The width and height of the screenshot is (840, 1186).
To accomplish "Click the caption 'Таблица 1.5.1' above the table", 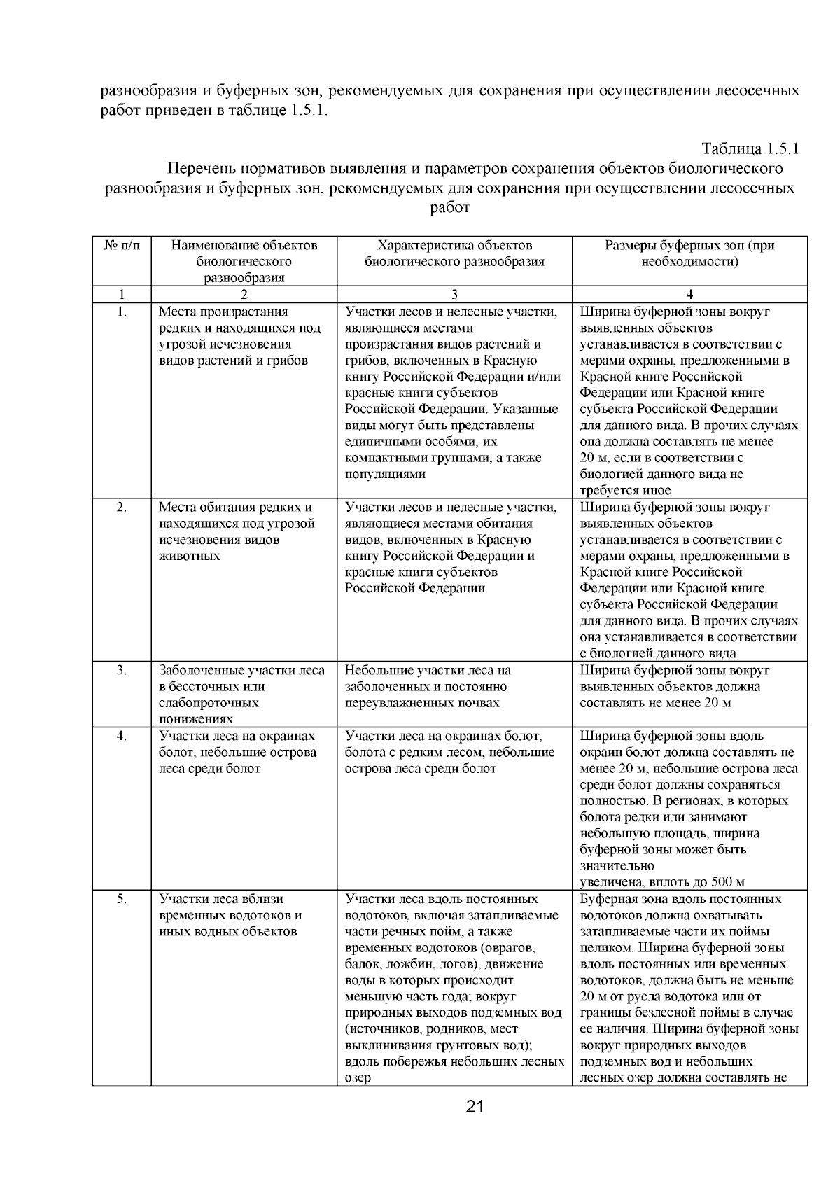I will click(750, 149).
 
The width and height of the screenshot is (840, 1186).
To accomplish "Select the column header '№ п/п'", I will click(121, 246).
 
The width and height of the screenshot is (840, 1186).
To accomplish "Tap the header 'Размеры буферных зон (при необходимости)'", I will click(689, 253).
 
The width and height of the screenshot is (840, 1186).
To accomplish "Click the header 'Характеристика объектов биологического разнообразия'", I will click(454, 253).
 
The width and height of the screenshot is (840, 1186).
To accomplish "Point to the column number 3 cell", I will click(454, 294).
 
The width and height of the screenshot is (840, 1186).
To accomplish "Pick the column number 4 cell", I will click(689, 294).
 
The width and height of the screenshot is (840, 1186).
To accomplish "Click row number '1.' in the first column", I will click(121, 312).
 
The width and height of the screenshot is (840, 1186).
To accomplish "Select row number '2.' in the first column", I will click(121, 508).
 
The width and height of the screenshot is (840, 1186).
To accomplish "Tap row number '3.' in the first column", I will click(121, 670).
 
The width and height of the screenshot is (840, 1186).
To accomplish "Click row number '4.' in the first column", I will click(121, 736).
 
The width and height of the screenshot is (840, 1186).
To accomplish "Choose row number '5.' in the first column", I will click(121, 899).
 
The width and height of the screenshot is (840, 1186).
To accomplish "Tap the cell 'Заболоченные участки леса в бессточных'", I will click(241, 694).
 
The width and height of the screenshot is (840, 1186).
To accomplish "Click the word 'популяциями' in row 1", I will click(385, 474).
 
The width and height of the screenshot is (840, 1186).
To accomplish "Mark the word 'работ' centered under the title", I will click(449, 207).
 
